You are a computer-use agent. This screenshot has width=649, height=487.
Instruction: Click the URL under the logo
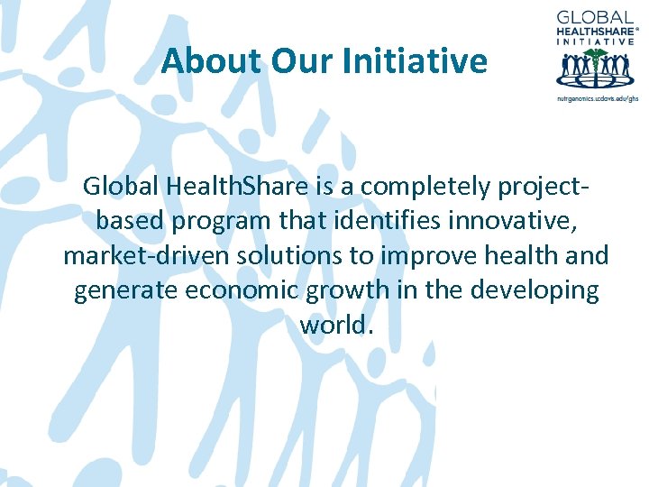pos(597,97)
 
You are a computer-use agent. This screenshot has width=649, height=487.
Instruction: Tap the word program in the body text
pos(214,221)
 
